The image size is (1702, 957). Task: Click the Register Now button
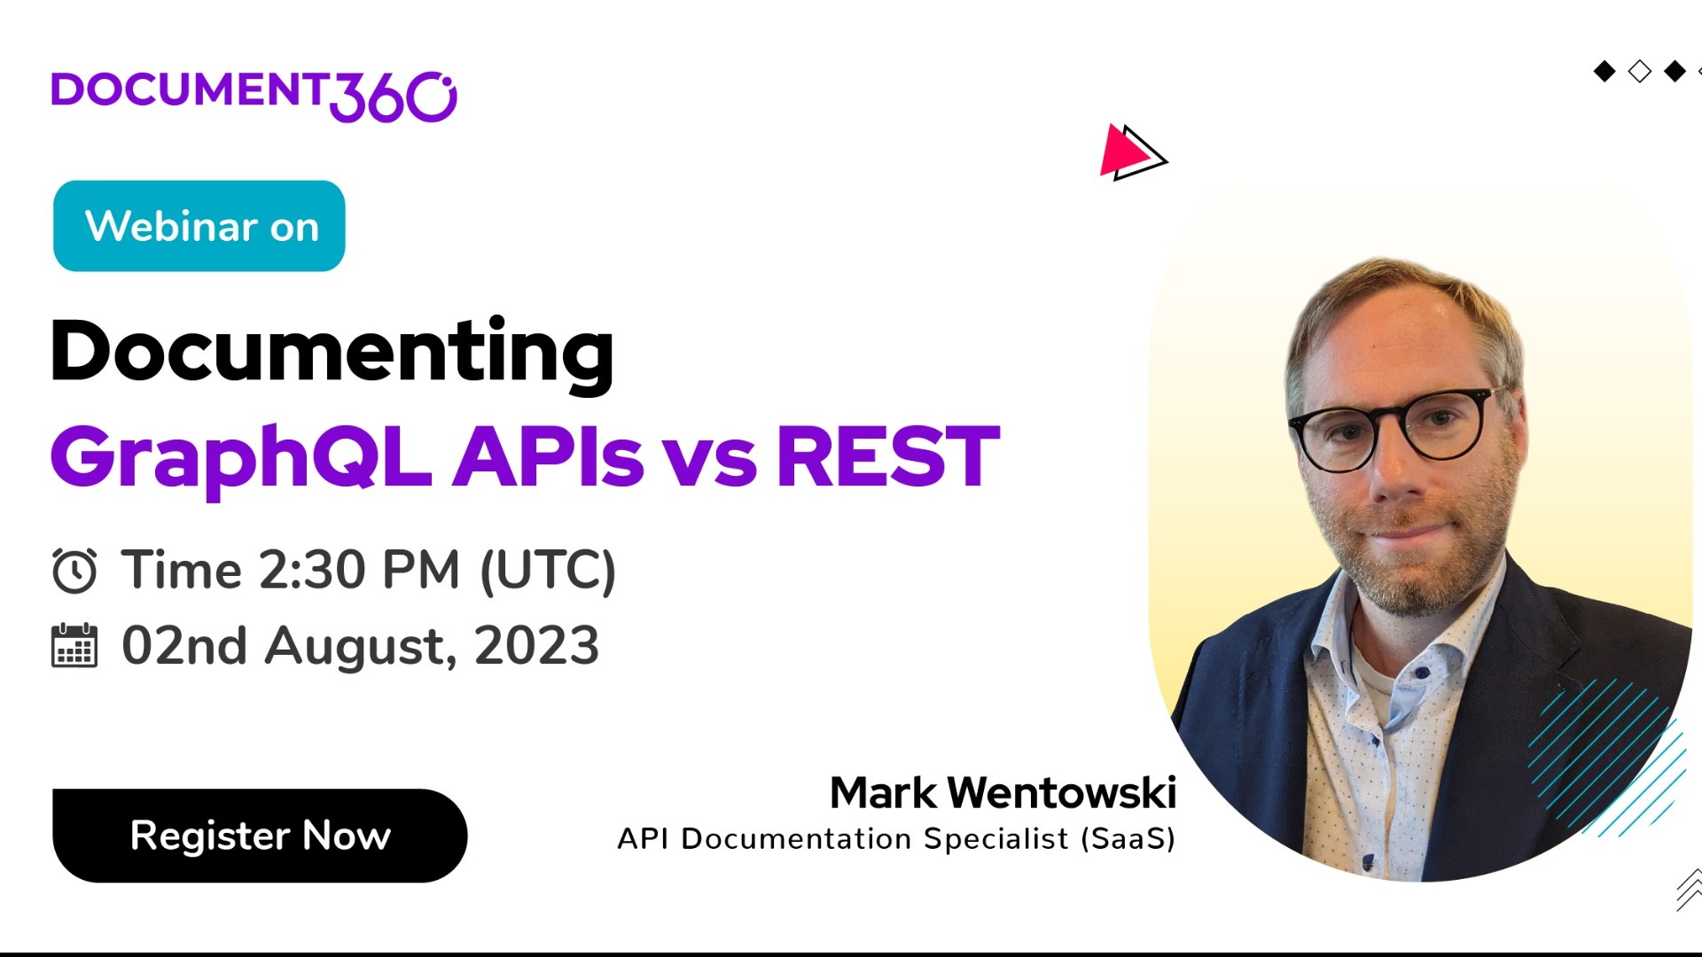pos(259,836)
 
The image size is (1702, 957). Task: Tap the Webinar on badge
pos(199,226)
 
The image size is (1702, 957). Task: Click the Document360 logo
pos(254,95)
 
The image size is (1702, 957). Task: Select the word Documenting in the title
pos(332,352)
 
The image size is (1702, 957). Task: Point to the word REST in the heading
pos(887,456)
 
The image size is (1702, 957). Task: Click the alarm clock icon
pos(74,571)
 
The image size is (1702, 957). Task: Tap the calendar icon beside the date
pos(74,646)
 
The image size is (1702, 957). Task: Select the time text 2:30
pos(311,569)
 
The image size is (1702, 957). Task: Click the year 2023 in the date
pos(537,646)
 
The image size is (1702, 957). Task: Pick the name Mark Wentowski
pos(1003,792)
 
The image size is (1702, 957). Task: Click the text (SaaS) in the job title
pos(1128,838)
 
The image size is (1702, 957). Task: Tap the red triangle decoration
pos(1122,152)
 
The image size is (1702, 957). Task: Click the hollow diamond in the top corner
pos(1640,71)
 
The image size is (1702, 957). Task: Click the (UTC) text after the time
pos(548,569)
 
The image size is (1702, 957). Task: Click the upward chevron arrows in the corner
pos(1690,890)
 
